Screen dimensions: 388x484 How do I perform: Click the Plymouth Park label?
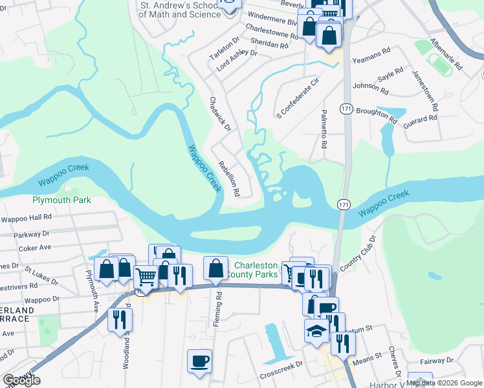pyautogui.click(x=61, y=200)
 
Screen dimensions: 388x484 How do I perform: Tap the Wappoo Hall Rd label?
pyautogui.click(x=25, y=218)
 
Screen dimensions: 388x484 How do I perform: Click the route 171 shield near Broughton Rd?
pyautogui.click(x=347, y=109)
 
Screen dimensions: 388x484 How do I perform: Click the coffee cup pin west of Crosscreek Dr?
pyautogui.click(x=199, y=360)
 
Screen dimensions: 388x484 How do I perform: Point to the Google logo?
pyautogui.click(x=21, y=380)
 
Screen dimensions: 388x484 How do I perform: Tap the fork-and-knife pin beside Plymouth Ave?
pyautogui.click(x=120, y=319)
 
